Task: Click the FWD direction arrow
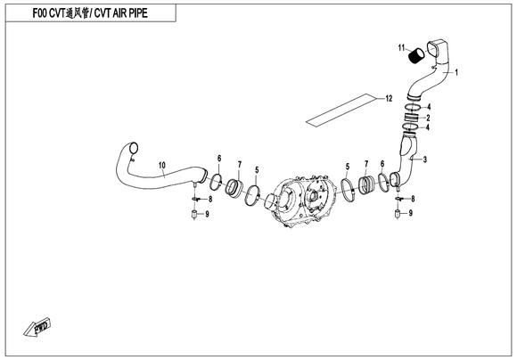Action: [37, 327]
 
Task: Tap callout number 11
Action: [401, 48]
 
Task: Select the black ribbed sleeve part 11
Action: [416, 54]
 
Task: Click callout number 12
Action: [389, 98]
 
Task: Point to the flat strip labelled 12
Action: [341, 110]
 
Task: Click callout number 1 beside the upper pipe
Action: [456, 72]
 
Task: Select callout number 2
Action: [428, 118]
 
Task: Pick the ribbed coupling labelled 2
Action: [412, 117]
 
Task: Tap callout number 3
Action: [425, 160]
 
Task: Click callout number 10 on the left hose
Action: [162, 165]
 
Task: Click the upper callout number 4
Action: [429, 107]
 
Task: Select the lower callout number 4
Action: [428, 127]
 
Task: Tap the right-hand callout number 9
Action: [411, 213]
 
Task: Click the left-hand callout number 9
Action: [207, 214]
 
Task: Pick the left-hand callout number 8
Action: [210, 199]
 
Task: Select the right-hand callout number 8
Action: [413, 199]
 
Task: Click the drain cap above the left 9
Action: [194, 215]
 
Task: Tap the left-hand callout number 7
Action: [240, 164]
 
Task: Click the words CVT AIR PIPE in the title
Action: [120, 13]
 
